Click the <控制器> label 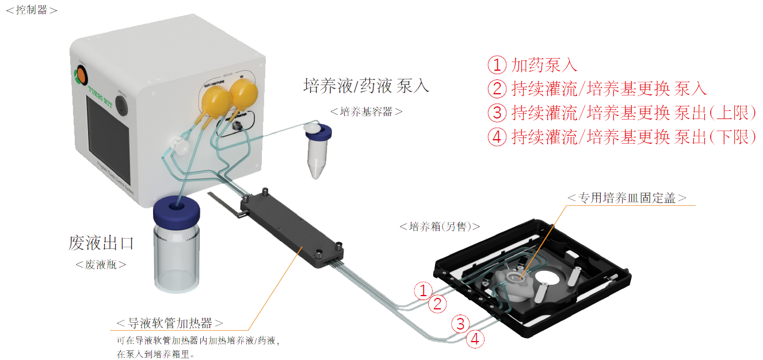(x=31, y=10)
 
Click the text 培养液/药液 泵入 (x=366, y=86)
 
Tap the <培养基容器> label (x=367, y=112)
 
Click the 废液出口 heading (x=101, y=243)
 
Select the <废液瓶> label (x=101, y=265)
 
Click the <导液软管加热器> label (x=170, y=323)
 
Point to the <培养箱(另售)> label (x=440, y=227)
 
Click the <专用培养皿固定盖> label (x=627, y=198)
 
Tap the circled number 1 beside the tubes (x=423, y=290)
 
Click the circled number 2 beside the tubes (x=438, y=304)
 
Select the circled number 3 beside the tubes (x=460, y=324)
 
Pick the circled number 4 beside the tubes (x=475, y=339)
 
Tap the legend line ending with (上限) (x=621, y=113)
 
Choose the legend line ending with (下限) (x=621, y=137)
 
